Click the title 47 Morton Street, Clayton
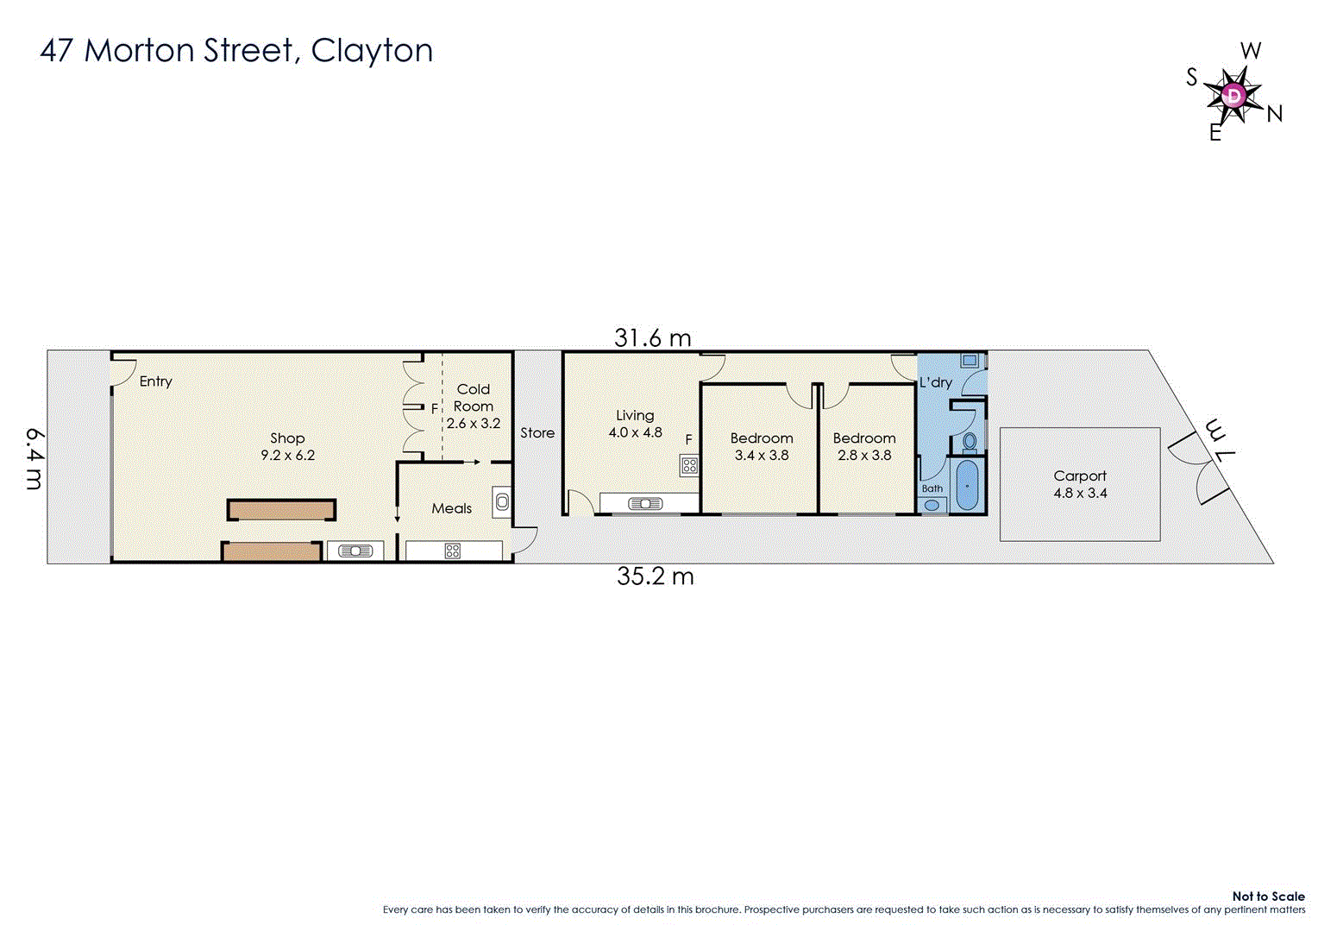click(236, 51)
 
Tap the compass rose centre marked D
click(1234, 94)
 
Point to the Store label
click(537, 433)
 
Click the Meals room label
click(452, 508)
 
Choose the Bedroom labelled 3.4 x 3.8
click(762, 446)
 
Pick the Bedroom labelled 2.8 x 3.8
click(864, 446)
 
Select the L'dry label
click(935, 382)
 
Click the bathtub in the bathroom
click(968, 486)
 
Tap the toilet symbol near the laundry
click(970, 443)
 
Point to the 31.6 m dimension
click(652, 338)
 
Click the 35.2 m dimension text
click(655, 576)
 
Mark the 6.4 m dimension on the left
click(34, 457)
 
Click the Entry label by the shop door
click(156, 381)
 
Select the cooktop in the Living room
click(689, 466)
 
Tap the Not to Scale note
click(1268, 897)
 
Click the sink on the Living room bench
click(645, 504)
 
